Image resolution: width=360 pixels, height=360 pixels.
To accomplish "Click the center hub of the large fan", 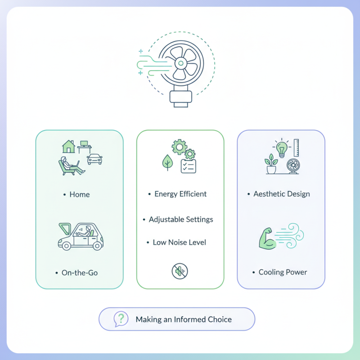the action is pyautogui.click(x=181, y=63).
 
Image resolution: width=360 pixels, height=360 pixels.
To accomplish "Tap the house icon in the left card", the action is pyautogui.click(x=69, y=147).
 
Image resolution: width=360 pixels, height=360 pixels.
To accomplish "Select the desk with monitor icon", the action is pyautogui.click(x=84, y=147).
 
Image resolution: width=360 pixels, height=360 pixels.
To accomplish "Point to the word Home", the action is pyautogui.click(x=80, y=194).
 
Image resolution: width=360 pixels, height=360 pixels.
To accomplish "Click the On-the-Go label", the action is pyautogui.click(x=80, y=273).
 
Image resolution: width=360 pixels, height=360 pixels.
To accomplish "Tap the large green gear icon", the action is pyautogui.click(x=179, y=147).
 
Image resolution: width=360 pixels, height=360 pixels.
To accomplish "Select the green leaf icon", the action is pyautogui.click(x=167, y=162).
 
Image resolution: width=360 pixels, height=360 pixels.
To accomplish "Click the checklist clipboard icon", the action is pyautogui.click(x=189, y=166).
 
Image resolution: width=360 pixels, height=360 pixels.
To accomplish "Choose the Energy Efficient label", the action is pyautogui.click(x=180, y=194).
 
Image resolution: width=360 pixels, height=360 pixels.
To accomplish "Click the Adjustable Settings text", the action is pyautogui.click(x=181, y=220).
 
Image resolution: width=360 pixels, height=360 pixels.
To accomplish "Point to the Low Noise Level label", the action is pyautogui.click(x=179, y=243).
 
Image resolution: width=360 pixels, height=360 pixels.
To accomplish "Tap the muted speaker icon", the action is pyautogui.click(x=180, y=271).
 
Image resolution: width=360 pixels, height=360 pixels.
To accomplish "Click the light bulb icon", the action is pyautogui.click(x=282, y=148).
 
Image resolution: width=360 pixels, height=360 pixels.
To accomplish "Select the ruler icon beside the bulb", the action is pyautogui.click(x=296, y=148).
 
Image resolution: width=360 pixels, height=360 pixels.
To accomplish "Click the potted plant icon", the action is pyautogui.click(x=271, y=164).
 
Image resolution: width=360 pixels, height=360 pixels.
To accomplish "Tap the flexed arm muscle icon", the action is pyautogui.click(x=267, y=238).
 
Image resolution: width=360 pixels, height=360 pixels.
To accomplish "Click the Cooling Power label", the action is pyautogui.click(x=283, y=272).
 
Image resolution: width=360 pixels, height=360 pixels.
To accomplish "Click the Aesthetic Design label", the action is pyautogui.click(x=282, y=194).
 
